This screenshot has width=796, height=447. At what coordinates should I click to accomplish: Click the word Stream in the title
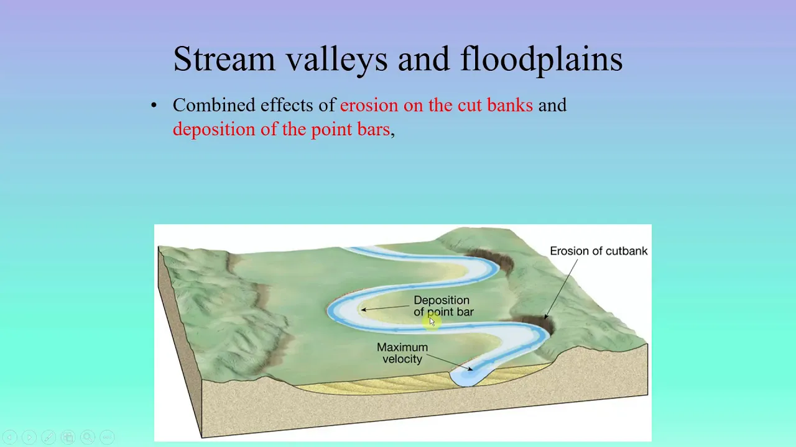pyautogui.click(x=224, y=59)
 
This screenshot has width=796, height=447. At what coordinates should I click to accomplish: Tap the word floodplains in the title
pyautogui.click(x=541, y=60)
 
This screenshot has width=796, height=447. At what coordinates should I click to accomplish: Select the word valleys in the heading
pyautogui.click(x=336, y=60)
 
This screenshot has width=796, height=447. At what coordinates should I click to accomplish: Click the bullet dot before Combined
pyautogui.click(x=154, y=105)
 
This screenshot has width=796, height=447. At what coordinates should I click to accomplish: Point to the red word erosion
pyautogui.click(x=369, y=106)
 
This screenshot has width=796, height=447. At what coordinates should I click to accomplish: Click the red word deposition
pyautogui.click(x=214, y=130)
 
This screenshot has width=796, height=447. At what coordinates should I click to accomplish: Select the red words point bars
pyautogui.click(x=350, y=130)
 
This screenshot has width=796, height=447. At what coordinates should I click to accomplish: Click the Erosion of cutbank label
pyautogui.click(x=598, y=251)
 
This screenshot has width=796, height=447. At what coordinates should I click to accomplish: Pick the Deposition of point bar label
pyautogui.click(x=443, y=306)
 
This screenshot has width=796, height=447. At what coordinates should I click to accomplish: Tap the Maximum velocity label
pyautogui.click(x=402, y=353)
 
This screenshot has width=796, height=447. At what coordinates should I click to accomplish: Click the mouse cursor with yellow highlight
pyautogui.click(x=432, y=322)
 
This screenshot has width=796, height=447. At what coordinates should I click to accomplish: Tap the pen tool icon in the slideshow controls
pyautogui.click(x=49, y=437)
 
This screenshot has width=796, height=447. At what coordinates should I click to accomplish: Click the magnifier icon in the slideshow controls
pyautogui.click(x=88, y=437)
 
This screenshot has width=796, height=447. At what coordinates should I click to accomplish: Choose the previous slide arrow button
pyautogui.click(x=9, y=437)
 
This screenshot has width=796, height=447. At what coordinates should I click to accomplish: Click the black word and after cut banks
pyautogui.click(x=553, y=105)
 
